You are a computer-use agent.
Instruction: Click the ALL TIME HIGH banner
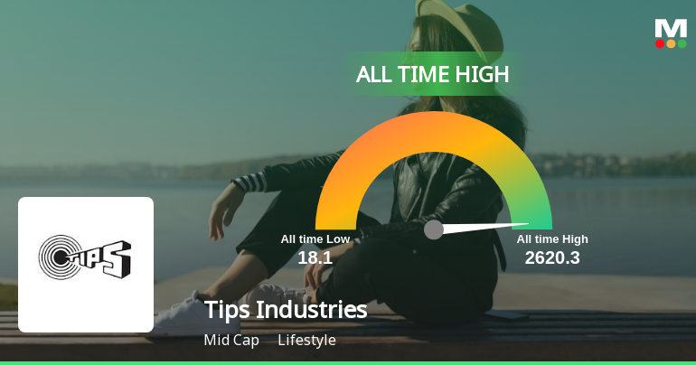pos(433,74)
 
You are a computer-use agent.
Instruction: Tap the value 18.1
pos(315,257)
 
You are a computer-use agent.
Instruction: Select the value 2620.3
pos(551,257)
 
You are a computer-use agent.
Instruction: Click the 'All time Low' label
pos(315,239)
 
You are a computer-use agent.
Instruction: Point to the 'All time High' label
pos(552,239)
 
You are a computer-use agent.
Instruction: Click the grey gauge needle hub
pos(434,229)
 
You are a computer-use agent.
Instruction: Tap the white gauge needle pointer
pos(488,226)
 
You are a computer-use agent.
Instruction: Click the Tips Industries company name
pos(286,310)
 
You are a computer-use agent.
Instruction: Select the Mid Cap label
pos(231,341)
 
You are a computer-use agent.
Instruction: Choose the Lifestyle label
pos(306,341)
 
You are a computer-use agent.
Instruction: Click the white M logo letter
pos(671,27)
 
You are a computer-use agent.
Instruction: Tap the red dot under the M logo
pos(660,43)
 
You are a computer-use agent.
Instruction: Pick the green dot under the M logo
pos(682,43)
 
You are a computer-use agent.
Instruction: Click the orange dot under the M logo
pos(671,43)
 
